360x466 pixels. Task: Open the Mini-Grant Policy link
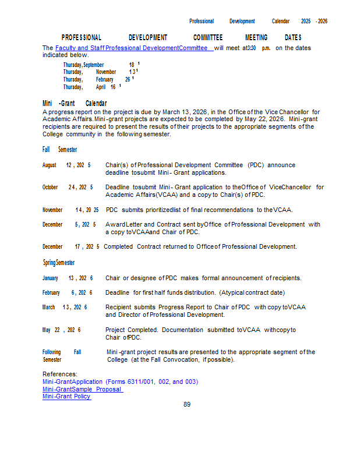click(x=66, y=397)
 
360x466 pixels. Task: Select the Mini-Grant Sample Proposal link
click(x=82, y=389)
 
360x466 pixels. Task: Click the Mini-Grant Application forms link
click(x=120, y=382)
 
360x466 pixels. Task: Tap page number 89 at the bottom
click(x=187, y=404)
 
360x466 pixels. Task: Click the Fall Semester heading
click(x=59, y=150)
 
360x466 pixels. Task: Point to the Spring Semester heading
click(x=58, y=263)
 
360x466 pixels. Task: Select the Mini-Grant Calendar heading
click(x=75, y=103)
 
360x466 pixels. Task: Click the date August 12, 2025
click(x=66, y=165)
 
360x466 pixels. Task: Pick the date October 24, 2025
click(x=68, y=188)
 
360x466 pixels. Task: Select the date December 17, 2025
click(x=70, y=246)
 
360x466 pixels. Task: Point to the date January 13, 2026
click(x=68, y=278)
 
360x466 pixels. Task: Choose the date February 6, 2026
click(x=67, y=292)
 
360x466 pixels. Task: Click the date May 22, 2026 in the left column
click(x=61, y=330)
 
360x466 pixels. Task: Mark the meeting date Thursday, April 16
click(x=91, y=87)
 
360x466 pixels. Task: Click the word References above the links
click(x=60, y=374)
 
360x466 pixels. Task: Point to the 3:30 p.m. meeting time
click(x=259, y=48)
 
